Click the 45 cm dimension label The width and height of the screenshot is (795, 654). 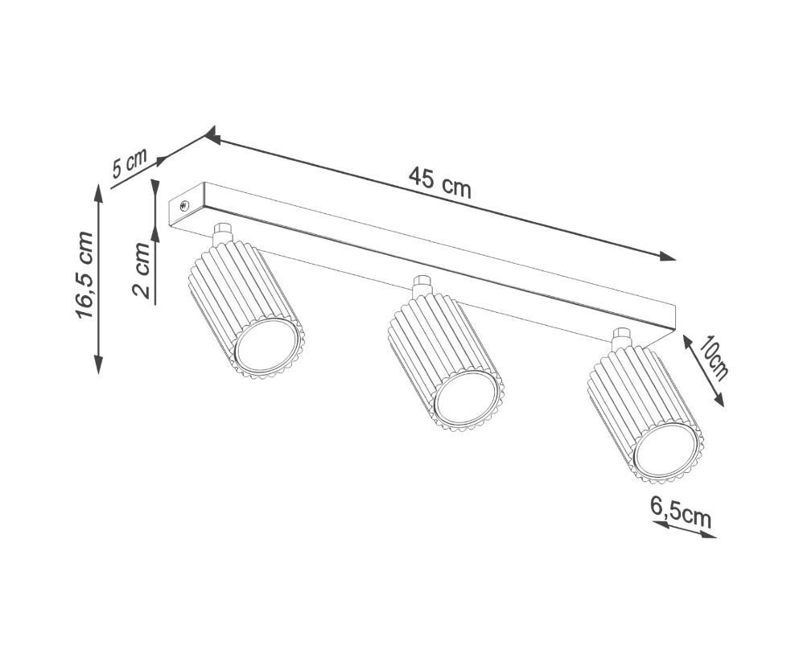tap(439, 183)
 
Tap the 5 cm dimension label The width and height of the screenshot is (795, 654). tap(130, 162)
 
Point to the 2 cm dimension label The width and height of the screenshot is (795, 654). tap(142, 269)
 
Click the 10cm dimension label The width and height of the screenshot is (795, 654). tap(714, 357)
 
